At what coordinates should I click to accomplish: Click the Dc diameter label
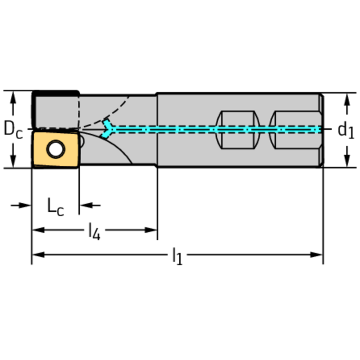click(x=13, y=130)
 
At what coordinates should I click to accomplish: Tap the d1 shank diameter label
click(x=346, y=130)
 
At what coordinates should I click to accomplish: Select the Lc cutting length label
click(x=55, y=206)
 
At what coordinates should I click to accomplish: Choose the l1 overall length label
click(x=177, y=256)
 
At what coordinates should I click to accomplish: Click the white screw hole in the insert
click(x=56, y=150)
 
